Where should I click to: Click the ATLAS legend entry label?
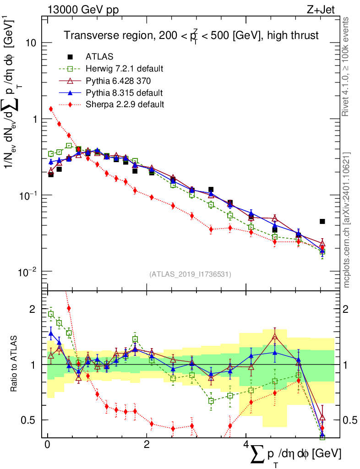click(99, 57)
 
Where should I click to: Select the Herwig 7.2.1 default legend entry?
click(124, 69)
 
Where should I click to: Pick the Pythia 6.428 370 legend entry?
click(119, 81)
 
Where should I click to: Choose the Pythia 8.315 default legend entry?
click(124, 93)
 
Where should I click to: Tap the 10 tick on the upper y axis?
click(31, 43)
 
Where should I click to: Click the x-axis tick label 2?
click(147, 445)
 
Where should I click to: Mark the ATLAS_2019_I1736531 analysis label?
click(190, 274)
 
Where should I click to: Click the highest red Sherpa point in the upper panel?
click(51, 109)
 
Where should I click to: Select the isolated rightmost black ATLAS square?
click(322, 222)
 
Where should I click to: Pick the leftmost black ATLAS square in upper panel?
click(51, 175)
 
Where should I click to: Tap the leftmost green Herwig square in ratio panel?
click(51, 314)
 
